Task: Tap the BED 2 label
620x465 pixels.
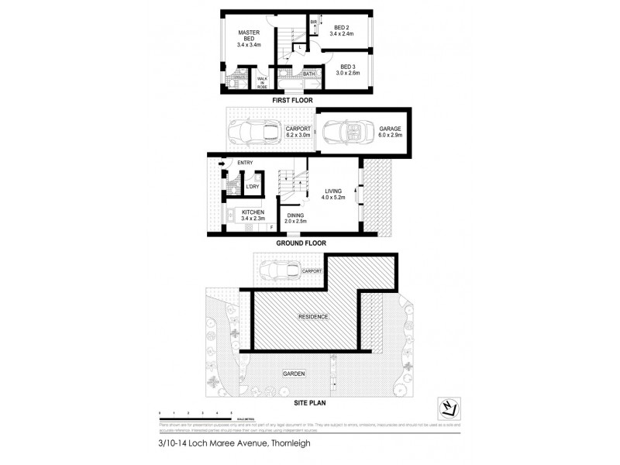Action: pos(341,30)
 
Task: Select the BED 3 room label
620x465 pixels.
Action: pos(346,70)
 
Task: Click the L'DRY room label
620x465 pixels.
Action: pos(252,188)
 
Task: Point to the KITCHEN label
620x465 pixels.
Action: pos(253,215)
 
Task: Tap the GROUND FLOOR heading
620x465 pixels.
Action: pos(301,243)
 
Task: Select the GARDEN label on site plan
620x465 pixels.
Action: pos(294,374)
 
